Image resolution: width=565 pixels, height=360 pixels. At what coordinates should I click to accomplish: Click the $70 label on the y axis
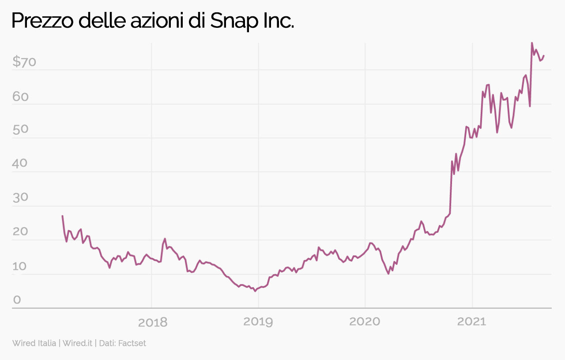(x=24, y=62)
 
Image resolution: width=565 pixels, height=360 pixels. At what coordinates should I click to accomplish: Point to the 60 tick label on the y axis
(x=20, y=97)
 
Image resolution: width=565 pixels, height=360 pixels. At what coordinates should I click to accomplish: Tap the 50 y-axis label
(x=20, y=130)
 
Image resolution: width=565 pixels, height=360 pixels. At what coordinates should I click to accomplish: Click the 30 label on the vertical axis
(x=20, y=198)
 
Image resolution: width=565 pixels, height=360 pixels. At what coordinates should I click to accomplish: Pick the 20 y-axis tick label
(x=20, y=232)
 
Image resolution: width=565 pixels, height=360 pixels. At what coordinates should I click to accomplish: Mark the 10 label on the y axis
(x=20, y=266)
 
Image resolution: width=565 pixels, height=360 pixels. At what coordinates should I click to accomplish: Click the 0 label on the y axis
(x=17, y=300)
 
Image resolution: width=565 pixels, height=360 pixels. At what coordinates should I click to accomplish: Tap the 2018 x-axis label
(x=153, y=322)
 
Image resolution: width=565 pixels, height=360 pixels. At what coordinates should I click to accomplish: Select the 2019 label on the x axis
(x=258, y=322)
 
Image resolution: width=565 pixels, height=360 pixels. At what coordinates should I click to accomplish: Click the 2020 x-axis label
(x=365, y=322)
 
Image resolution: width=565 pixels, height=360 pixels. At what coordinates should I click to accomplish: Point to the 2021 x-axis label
(x=471, y=322)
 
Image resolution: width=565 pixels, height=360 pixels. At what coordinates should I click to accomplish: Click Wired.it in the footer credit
(x=77, y=343)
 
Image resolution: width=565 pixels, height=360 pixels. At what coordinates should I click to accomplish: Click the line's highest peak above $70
(x=531, y=43)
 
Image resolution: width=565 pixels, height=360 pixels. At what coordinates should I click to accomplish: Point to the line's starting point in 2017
(x=62, y=216)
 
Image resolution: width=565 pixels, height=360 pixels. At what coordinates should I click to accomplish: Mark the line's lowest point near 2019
(x=255, y=291)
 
